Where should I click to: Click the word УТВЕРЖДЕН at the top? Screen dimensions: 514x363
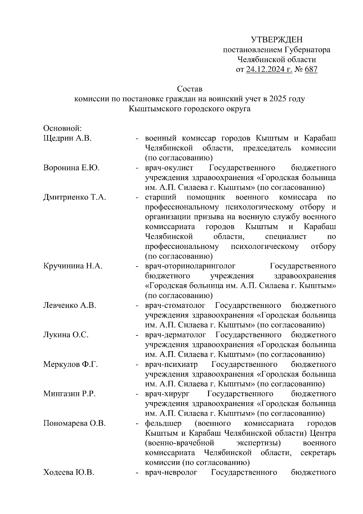click(276, 40)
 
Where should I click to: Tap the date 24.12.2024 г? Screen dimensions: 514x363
click(269, 70)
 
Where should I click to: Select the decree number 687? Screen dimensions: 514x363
click(311, 70)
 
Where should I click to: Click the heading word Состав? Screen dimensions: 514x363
click(189, 89)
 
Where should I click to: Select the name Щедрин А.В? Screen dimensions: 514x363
click(67, 138)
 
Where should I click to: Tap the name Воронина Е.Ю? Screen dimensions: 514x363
click(71, 168)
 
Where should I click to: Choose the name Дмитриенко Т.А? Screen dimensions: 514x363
click(75, 197)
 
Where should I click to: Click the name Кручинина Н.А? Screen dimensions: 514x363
click(73, 266)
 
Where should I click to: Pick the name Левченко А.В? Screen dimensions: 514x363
click(70, 305)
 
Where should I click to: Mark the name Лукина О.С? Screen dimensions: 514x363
click(66, 335)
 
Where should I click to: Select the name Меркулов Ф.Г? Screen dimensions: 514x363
click(70, 364)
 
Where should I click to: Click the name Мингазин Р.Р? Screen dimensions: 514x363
click(70, 394)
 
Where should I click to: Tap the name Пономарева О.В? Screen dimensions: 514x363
click(74, 423)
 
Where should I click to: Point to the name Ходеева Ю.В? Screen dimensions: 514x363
click(69, 472)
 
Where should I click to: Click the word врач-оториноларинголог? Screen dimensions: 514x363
click(190, 266)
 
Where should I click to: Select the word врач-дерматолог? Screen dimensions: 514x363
click(176, 335)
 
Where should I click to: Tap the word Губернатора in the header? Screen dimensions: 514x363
click(307, 50)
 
